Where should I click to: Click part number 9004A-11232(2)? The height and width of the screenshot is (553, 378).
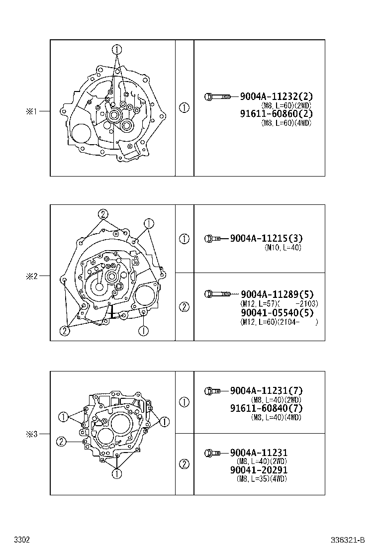[x=277, y=96]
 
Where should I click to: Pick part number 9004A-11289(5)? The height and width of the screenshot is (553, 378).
[x=277, y=294]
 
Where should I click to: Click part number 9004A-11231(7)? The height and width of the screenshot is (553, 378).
[x=266, y=391]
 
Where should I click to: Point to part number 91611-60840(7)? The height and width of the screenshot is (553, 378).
[x=266, y=408]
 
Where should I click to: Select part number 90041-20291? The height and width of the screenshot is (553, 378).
[x=259, y=470]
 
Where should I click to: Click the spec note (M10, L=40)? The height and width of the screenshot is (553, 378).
[x=283, y=248]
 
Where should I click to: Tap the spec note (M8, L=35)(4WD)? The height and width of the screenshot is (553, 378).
[x=262, y=479]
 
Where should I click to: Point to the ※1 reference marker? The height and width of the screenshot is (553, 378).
[x=32, y=112]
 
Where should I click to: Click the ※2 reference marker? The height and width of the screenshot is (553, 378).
[x=32, y=276]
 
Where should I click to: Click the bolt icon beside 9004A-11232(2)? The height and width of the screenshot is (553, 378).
[x=217, y=96]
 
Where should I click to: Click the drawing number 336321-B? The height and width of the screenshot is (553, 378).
[x=349, y=540]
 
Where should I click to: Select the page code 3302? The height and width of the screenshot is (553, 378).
[x=22, y=540]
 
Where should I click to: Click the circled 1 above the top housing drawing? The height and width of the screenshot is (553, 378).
[x=116, y=49]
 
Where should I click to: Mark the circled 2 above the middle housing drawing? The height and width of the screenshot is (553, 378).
[x=103, y=214]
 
